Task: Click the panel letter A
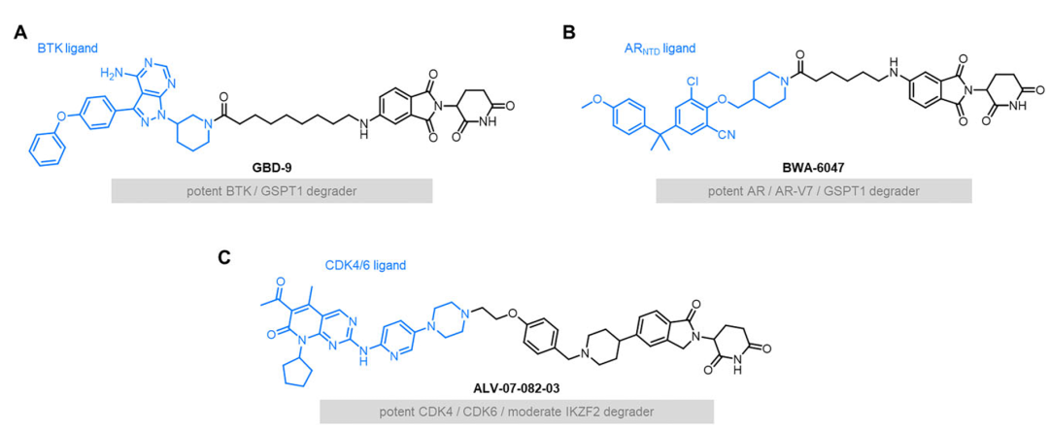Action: (x=21, y=32)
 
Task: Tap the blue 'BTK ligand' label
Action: (x=67, y=48)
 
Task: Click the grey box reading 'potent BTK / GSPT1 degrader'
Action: (x=272, y=190)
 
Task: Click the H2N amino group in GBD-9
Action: (x=111, y=72)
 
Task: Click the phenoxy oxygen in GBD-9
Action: (x=61, y=116)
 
